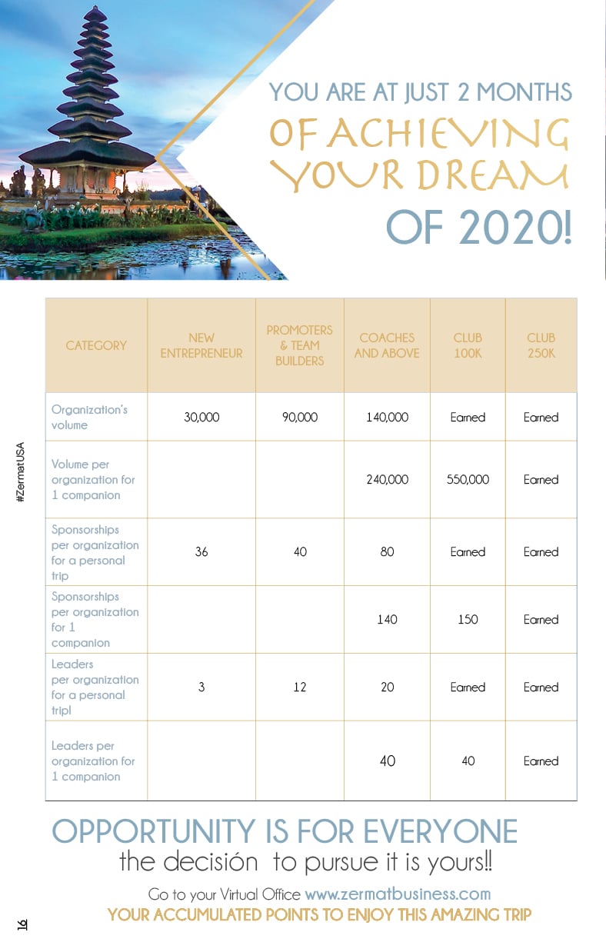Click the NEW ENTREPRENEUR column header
201,345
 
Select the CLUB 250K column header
541,345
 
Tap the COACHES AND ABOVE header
387,345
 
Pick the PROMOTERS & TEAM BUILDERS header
299,345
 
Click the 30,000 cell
201,418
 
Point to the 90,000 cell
300,418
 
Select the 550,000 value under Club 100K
468,479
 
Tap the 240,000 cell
387,479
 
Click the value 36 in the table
201,552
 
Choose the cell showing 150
468,619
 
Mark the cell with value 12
300,687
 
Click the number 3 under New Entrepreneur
201,687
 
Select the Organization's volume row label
89,417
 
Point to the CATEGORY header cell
96,345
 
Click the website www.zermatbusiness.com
398,894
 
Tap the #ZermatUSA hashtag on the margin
21,472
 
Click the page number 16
22,924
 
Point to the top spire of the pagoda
96,12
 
